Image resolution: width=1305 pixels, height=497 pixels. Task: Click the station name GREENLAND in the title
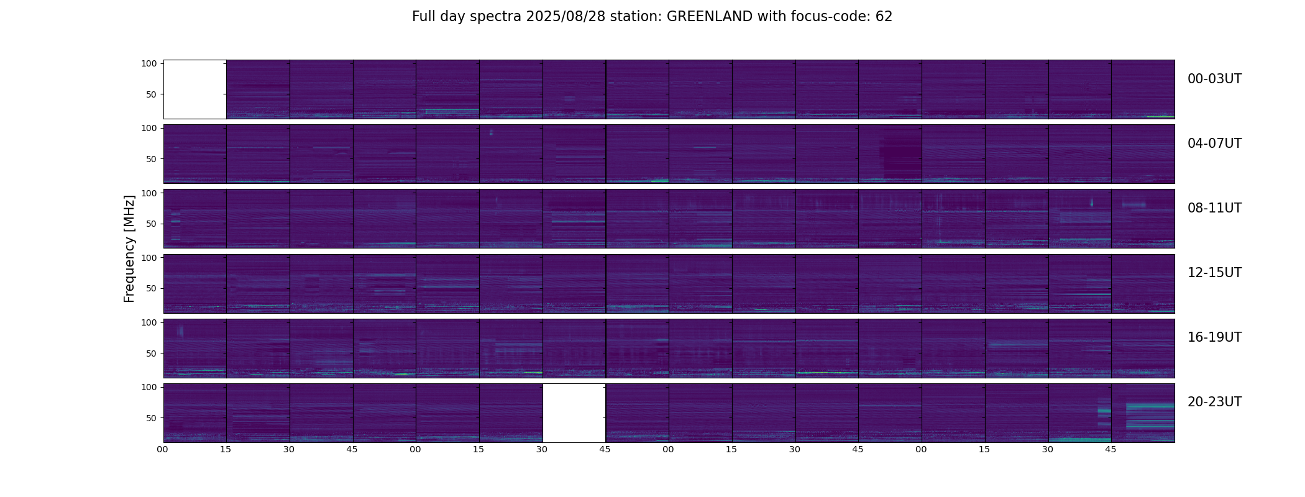click(709, 17)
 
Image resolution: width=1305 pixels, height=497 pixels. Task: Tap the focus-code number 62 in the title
click(884, 17)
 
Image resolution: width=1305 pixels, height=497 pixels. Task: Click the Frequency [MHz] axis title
click(129, 248)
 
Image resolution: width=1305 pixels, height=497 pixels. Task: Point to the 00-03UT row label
click(1214, 79)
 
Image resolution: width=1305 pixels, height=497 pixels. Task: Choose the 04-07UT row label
click(1214, 144)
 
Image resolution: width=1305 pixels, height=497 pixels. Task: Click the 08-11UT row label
click(1214, 208)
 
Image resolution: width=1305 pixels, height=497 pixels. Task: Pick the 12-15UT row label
click(1214, 273)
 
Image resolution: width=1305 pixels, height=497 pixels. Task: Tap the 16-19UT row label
click(1214, 337)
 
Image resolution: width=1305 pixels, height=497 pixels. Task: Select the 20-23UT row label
click(1214, 402)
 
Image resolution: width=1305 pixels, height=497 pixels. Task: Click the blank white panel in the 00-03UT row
click(195, 89)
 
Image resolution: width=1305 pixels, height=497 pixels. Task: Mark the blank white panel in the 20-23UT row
click(574, 413)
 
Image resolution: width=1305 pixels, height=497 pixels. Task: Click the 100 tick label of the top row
click(149, 63)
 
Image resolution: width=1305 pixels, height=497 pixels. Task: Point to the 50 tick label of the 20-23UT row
click(152, 418)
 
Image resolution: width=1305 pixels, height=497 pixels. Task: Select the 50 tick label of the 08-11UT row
click(152, 224)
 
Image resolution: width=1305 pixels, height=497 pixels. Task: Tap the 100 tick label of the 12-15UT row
click(149, 257)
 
